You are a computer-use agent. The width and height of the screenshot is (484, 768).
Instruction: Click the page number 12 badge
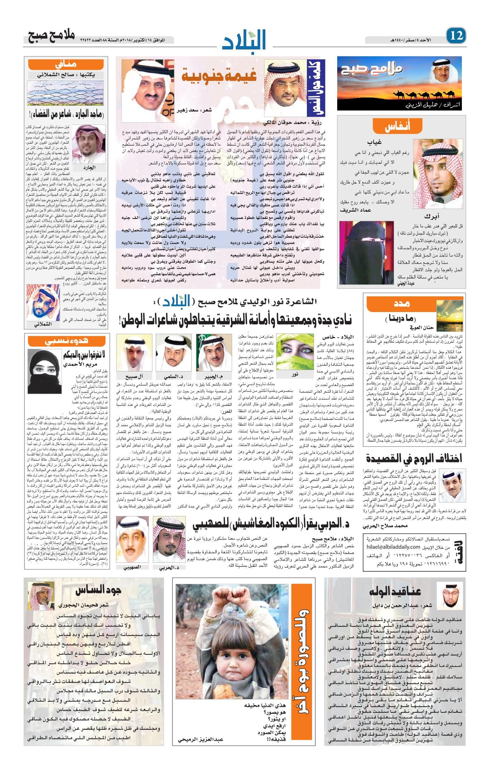456,35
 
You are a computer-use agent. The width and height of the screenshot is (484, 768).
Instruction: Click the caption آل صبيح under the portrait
130,376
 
